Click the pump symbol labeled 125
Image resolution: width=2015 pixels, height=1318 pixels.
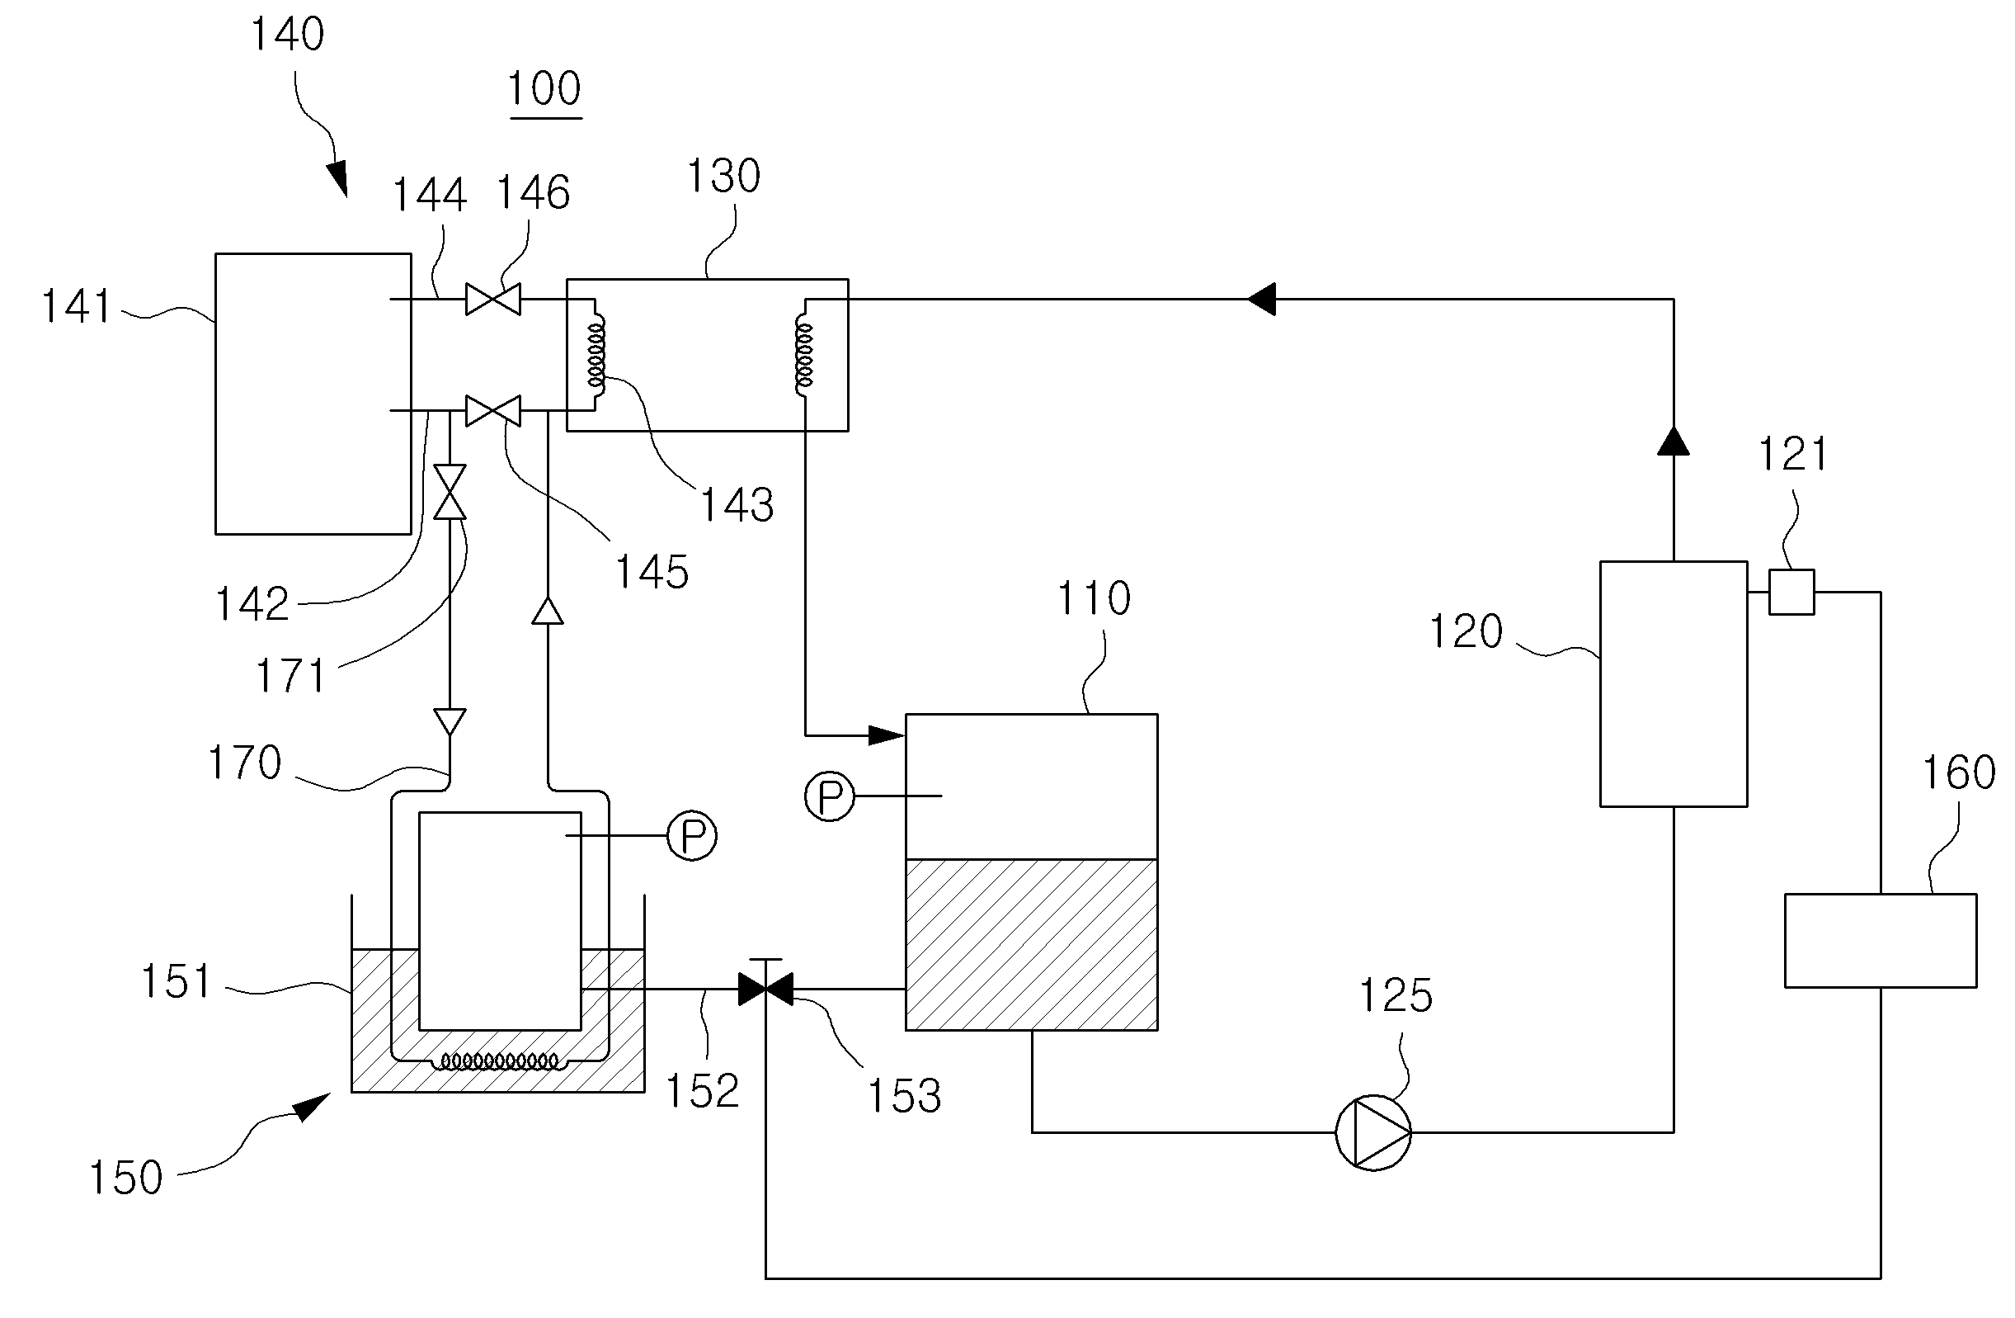1372,1132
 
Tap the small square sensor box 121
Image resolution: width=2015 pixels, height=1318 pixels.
1791,591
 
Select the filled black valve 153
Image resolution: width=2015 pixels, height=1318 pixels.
765,988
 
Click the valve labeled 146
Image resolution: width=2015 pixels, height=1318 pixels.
493,299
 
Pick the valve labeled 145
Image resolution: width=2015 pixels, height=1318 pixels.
493,411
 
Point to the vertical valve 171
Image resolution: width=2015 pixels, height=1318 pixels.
450,491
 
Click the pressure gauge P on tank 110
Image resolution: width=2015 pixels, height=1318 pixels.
829,796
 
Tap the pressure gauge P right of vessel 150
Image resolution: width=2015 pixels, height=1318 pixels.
692,836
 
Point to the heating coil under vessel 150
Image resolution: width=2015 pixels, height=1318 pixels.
501,1061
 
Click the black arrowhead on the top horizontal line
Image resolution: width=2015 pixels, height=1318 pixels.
1261,299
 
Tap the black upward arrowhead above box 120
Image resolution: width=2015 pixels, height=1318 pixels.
1673,441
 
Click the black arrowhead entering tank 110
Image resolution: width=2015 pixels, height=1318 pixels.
887,735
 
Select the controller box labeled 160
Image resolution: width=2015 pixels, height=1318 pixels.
1881,940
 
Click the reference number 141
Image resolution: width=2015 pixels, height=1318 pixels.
76,307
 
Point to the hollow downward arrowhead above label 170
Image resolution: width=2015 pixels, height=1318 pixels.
450,722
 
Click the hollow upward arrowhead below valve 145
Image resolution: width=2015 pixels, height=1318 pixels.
548,611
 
